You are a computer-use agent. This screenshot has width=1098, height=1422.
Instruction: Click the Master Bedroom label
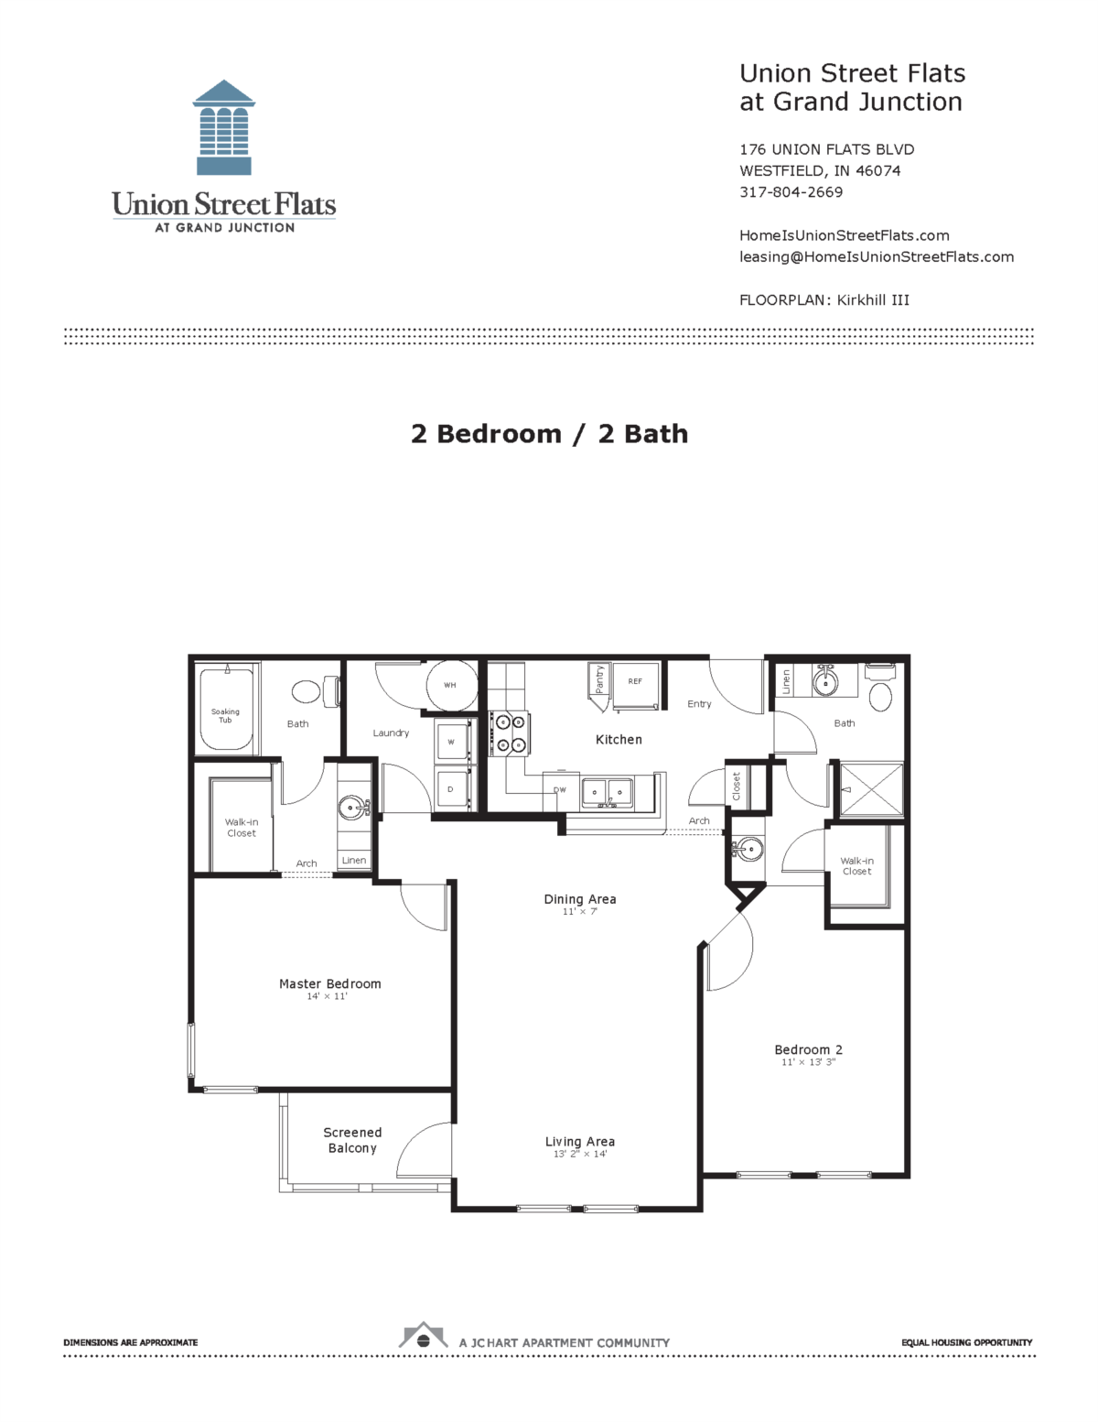click(329, 983)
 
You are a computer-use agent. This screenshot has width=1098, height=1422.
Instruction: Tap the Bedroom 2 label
click(808, 1049)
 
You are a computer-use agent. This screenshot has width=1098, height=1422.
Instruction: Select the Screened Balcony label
click(352, 1140)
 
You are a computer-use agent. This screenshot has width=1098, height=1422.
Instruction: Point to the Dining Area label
click(579, 899)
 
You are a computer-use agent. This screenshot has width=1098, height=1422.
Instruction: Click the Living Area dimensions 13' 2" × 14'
click(579, 1155)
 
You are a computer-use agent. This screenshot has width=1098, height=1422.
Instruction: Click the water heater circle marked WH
click(450, 685)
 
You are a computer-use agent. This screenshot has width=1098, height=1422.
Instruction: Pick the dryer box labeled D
click(451, 788)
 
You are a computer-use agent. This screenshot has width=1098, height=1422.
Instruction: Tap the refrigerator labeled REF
click(635, 682)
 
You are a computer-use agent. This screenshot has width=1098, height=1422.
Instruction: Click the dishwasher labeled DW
click(560, 790)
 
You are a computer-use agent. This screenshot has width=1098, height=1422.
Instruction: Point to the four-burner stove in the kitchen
click(510, 733)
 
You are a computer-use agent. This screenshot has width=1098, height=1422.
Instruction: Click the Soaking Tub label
click(225, 715)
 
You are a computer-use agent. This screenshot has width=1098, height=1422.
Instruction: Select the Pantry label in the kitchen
click(599, 679)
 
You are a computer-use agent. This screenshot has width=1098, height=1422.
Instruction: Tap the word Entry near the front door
click(699, 704)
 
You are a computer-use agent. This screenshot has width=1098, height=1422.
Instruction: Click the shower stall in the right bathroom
click(872, 788)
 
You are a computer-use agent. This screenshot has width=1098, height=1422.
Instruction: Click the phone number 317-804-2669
click(791, 192)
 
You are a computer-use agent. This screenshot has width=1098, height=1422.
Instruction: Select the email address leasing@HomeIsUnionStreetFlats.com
click(876, 256)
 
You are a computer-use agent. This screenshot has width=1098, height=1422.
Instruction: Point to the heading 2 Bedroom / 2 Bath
click(549, 433)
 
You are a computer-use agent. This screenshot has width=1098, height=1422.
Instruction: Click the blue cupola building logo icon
click(224, 127)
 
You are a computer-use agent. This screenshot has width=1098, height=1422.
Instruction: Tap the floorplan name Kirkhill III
click(873, 299)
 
